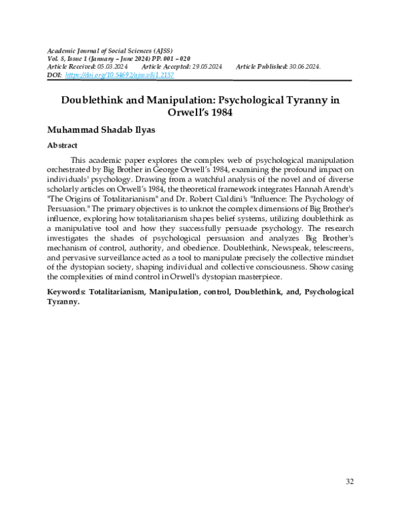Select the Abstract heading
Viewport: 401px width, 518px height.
click(x=61, y=145)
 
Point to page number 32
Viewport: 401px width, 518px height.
click(x=350, y=481)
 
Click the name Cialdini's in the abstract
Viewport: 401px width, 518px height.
click(x=236, y=200)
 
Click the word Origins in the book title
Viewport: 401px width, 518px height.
click(x=84, y=200)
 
